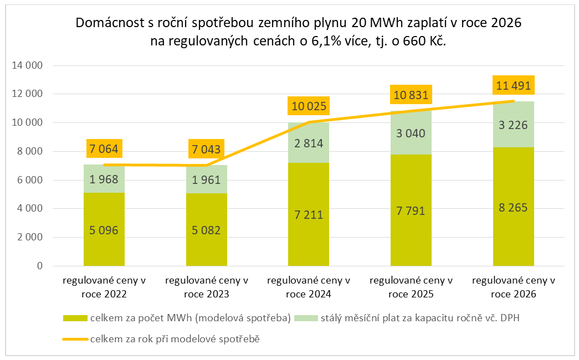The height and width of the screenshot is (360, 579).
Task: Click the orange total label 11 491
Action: point(514,86)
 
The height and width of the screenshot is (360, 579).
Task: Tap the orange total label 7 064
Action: point(104,149)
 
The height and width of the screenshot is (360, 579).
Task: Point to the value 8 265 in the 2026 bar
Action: point(514,208)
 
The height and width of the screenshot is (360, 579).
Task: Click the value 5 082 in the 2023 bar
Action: point(207,230)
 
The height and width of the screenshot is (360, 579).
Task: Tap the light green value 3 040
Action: point(411,133)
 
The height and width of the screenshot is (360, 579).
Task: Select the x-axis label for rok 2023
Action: point(207,287)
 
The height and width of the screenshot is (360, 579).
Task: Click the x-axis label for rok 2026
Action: point(514,287)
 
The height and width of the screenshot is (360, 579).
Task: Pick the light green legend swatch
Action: point(305,318)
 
